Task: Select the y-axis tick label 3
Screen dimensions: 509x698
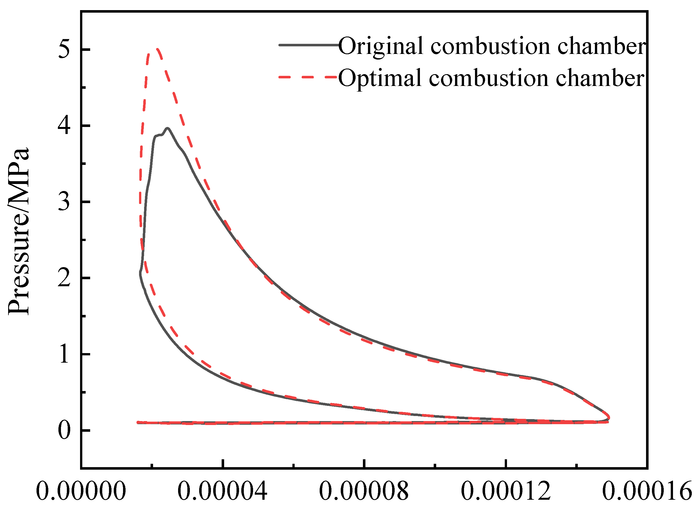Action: pyautogui.click(x=64, y=202)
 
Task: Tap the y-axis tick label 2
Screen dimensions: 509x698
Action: pyautogui.click(x=64, y=278)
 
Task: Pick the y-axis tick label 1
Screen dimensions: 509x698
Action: pyautogui.click(x=64, y=354)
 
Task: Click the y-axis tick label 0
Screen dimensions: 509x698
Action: pyautogui.click(x=64, y=431)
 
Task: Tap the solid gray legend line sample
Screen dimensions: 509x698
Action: pyautogui.click(x=308, y=45)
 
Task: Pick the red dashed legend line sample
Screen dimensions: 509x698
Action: pyautogui.click(x=308, y=77)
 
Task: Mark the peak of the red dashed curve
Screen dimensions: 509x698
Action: pyautogui.click(x=157, y=49)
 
